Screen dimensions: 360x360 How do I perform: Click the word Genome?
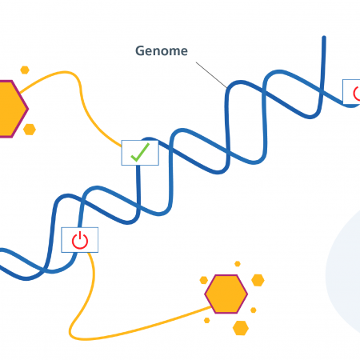coord(162,51)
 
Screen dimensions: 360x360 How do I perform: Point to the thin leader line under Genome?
coord(211,75)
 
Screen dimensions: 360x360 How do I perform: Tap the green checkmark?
coord(140,152)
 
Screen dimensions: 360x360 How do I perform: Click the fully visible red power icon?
coord(80,240)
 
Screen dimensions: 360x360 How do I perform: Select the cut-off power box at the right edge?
coord(351,92)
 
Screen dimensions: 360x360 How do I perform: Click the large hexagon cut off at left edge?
coord(12,109)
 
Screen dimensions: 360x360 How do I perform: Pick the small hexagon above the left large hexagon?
coord(25,70)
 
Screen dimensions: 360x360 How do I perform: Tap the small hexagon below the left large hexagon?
coord(30,130)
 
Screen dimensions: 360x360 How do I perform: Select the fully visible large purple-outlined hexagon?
coord(226,294)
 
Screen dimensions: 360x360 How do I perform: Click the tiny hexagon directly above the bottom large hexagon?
coord(238,264)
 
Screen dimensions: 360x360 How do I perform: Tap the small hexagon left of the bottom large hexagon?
coord(204,280)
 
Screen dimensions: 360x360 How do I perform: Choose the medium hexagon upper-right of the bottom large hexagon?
coord(258,280)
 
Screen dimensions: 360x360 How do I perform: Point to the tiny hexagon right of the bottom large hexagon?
coord(254,310)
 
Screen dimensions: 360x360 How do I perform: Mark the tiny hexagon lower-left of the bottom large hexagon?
coord(206,320)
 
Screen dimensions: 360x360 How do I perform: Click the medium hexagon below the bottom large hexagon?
coord(241,328)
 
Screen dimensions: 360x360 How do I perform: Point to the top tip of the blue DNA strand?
coord(324,37)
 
